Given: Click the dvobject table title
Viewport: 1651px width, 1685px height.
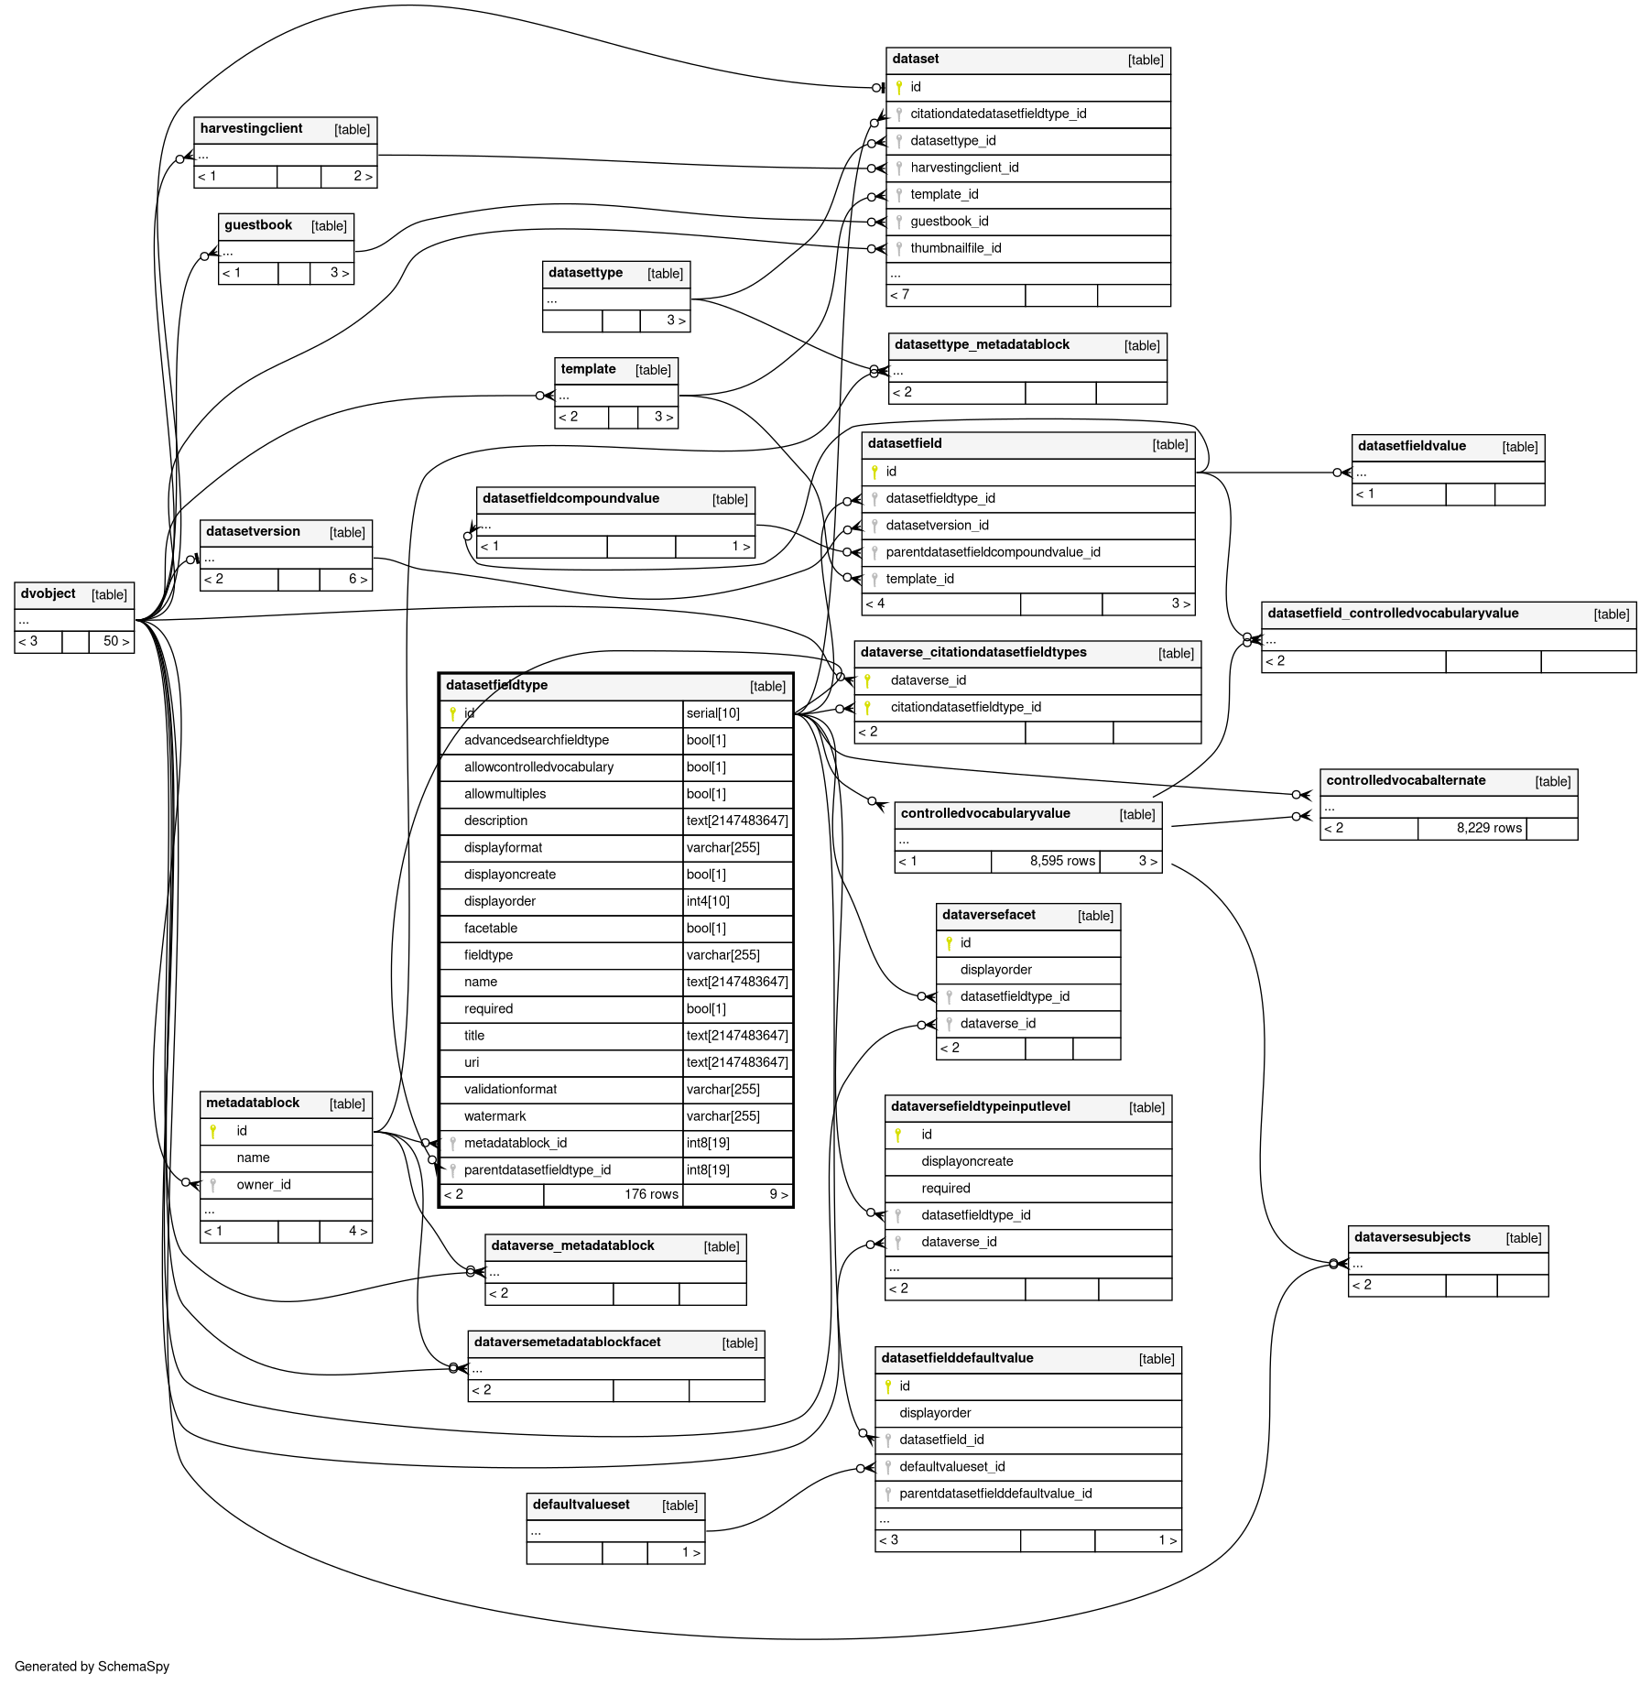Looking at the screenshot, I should point(49,593).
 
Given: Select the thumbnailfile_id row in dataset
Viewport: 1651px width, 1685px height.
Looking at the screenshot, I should point(955,248).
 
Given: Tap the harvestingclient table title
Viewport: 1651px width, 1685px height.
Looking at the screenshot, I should point(251,129).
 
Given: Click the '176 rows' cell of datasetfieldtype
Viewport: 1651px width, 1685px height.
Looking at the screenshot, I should point(650,1194).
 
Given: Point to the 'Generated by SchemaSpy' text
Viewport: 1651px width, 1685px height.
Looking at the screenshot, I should point(92,1666).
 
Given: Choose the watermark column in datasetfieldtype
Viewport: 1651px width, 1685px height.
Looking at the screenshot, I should point(494,1116).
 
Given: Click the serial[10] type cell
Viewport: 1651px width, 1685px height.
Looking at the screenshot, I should point(712,713).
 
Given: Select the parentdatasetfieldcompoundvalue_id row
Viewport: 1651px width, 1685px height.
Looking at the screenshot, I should point(993,552).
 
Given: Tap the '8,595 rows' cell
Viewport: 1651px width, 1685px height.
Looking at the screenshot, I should point(1061,861).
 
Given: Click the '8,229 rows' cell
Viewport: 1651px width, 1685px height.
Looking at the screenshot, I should point(1488,828).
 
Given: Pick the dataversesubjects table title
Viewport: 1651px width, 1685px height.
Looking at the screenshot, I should point(1412,1237).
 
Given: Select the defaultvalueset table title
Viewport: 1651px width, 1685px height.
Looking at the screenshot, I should point(581,1505).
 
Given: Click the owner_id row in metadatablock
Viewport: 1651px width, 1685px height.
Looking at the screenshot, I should point(264,1185).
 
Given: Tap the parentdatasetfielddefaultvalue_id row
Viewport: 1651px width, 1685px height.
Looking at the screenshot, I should point(994,1494).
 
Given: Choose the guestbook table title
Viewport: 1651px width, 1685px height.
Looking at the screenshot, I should point(258,225).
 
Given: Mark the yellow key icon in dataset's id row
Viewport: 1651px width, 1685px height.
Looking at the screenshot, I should point(899,87).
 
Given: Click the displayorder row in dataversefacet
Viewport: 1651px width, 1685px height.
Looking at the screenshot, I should point(995,970).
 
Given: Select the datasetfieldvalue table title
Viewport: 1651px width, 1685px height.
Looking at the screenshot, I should point(1411,446).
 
